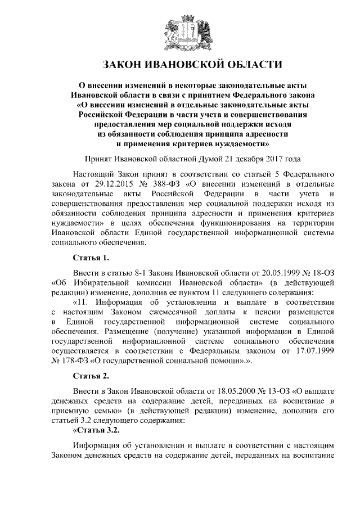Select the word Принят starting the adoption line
tap(99, 159)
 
